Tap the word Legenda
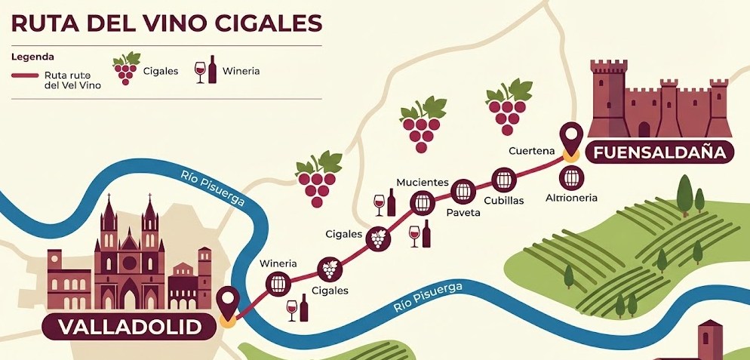(x=32, y=57)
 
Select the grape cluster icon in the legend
(x=125, y=69)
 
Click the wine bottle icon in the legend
(x=212, y=69)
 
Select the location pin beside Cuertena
(x=570, y=138)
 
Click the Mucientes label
(x=423, y=183)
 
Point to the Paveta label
(x=463, y=213)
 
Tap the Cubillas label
(x=503, y=201)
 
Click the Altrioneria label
(x=571, y=198)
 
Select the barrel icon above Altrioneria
(x=571, y=178)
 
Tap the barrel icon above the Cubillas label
(x=503, y=180)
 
